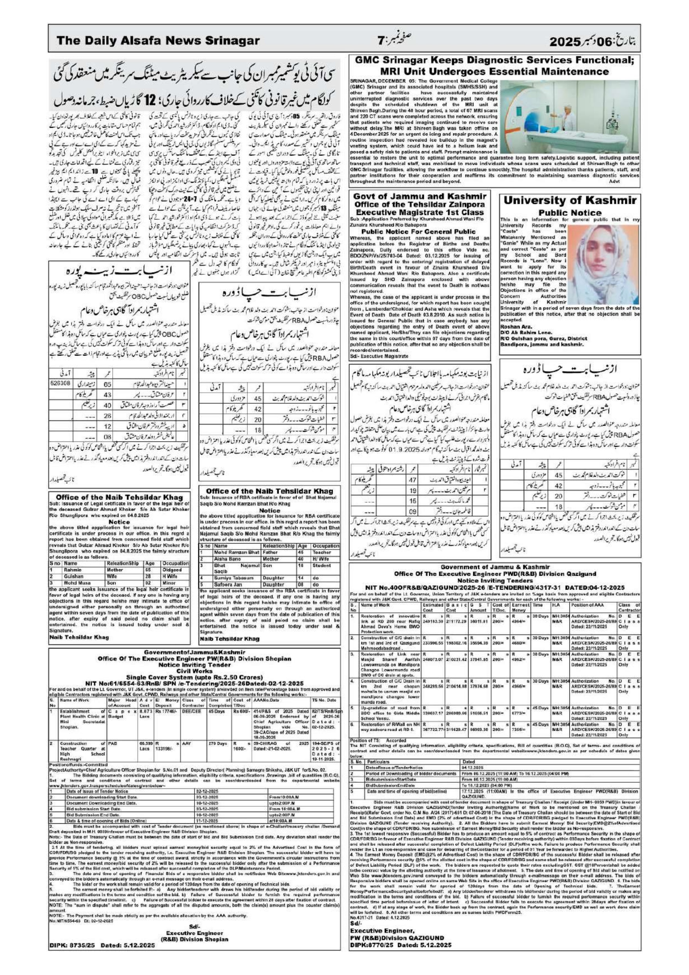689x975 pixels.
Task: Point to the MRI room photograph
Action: point(569,117)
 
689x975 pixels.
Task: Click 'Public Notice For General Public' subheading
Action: point(418,232)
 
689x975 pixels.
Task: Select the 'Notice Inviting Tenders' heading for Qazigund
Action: point(494,580)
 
